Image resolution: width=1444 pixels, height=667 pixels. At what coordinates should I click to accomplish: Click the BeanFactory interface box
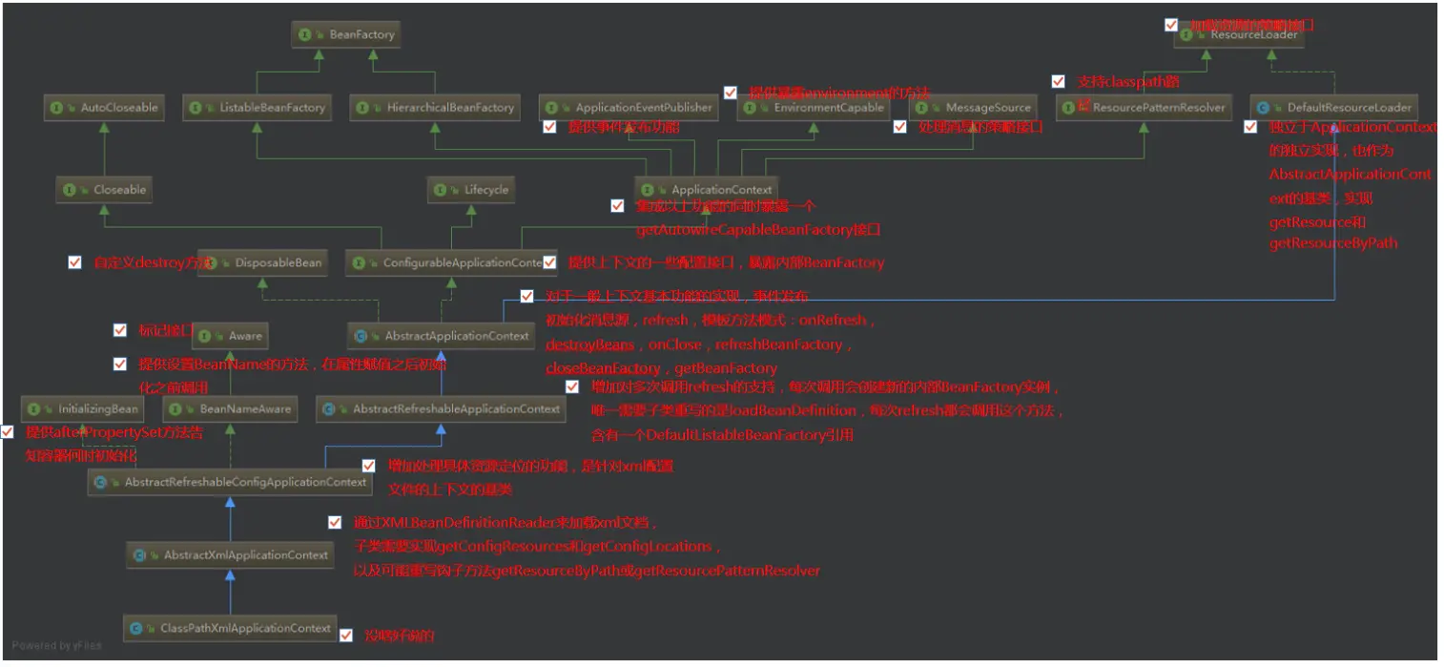(346, 34)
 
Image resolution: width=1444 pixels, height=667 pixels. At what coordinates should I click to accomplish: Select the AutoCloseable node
(105, 108)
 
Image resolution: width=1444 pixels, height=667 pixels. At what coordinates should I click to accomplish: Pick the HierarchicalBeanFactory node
(435, 108)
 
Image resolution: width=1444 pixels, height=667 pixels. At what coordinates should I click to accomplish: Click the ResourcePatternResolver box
(1145, 108)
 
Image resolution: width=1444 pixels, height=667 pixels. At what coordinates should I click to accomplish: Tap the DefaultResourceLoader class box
(1333, 108)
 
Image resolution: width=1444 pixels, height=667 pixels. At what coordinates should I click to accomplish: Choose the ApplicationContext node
(707, 190)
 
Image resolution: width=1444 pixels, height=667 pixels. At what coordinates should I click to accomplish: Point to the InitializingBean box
(84, 409)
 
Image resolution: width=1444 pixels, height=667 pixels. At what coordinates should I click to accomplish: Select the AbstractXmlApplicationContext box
(230, 554)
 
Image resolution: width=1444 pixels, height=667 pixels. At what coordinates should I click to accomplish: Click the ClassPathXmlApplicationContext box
(230, 628)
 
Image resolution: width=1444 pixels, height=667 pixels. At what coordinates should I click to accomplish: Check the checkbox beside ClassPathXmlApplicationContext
(346, 636)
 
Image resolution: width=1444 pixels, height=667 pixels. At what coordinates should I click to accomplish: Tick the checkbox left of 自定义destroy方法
(75, 262)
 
